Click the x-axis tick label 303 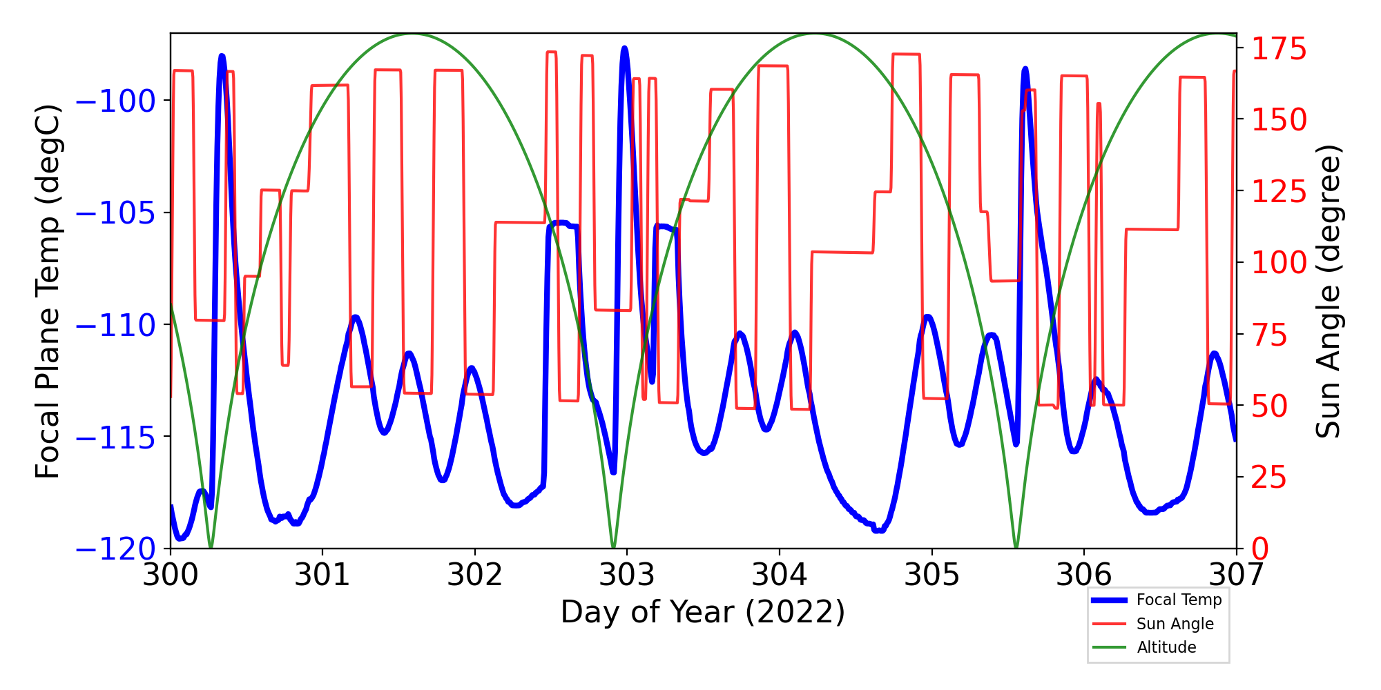coord(627,574)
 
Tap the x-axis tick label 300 coord(170,574)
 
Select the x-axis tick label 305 coord(931,574)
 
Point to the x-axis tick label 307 coord(1236,574)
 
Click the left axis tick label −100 coord(115,101)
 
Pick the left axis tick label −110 coord(115,325)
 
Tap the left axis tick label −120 coord(115,549)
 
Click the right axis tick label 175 coord(1279,50)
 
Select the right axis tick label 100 coord(1279,263)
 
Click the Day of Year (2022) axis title coord(703,612)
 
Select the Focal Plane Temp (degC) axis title coord(48,291)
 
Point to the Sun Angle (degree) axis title coord(1327,291)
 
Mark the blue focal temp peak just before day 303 coord(624,49)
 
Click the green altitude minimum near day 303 coord(614,546)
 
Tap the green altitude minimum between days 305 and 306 coord(1016,546)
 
